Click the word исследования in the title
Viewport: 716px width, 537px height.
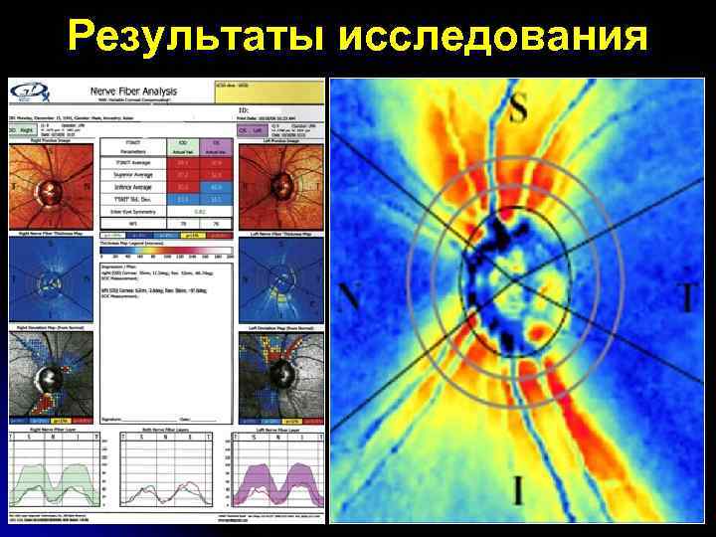coord(494,37)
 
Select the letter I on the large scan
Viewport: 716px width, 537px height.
coord(517,490)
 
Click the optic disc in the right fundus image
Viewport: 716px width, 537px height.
coord(48,190)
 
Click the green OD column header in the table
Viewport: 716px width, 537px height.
coord(182,145)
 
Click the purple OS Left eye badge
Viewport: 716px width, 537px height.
coord(243,129)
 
